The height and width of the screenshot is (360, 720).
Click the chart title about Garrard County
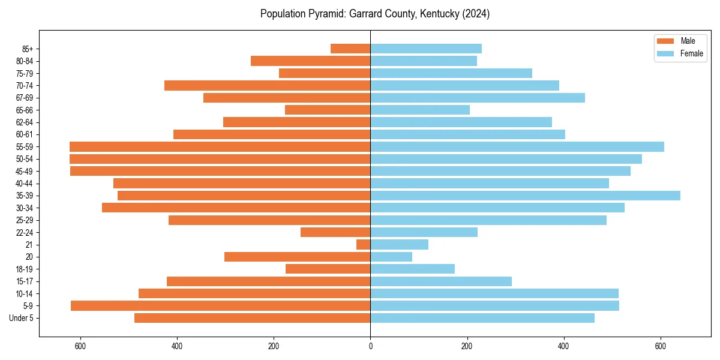pos(375,14)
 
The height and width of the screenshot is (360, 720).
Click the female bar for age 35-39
pos(525,196)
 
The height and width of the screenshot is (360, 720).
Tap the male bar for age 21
pos(364,245)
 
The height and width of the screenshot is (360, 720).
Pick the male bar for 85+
pos(350,49)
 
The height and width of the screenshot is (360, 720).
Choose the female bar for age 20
pos(391,257)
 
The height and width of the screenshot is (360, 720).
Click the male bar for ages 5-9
pos(220,306)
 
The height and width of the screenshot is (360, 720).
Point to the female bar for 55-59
pos(517,146)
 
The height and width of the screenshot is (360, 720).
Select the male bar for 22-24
pos(335,232)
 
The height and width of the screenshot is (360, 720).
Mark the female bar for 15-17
pos(441,281)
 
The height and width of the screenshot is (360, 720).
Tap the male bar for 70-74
pos(267,85)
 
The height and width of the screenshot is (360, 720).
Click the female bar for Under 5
pos(482,318)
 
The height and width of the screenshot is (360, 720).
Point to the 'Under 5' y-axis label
pos(21,318)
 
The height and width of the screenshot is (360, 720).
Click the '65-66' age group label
pos(25,110)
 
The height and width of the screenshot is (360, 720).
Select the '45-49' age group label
pos(25,171)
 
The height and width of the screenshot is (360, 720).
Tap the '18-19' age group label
pos(25,269)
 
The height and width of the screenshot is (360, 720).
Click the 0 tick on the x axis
pos(370,346)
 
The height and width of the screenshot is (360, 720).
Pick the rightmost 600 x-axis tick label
pos(660,346)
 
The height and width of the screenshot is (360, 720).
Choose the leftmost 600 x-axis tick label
pos(80,346)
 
